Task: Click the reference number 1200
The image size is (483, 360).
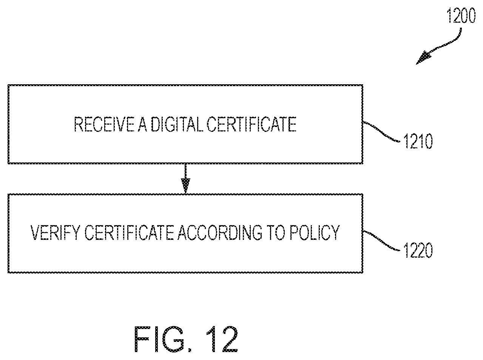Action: pos(461,16)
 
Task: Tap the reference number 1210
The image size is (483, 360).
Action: pos(418,141)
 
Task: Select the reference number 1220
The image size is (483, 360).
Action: pos(418,250)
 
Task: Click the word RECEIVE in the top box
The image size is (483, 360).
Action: pos(104,124)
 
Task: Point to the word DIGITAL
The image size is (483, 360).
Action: pos(177,124)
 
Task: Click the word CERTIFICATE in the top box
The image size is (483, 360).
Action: pos(251,124)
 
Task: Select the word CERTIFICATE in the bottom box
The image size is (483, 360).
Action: pos(129,233)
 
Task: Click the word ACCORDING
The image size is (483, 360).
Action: pos(220,233)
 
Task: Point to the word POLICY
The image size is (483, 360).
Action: pos(314,233)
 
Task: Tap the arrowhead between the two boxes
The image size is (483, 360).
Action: pos(185,185)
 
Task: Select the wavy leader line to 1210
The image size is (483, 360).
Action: pos(381,131)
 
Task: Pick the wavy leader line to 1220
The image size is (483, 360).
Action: pos(381,240)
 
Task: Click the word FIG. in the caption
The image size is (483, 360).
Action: pos(163,339)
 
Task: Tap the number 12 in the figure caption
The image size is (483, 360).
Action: pos(221,339)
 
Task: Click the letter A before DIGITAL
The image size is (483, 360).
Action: pos(143,124)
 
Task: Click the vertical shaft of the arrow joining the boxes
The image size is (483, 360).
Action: pos(185,171)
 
